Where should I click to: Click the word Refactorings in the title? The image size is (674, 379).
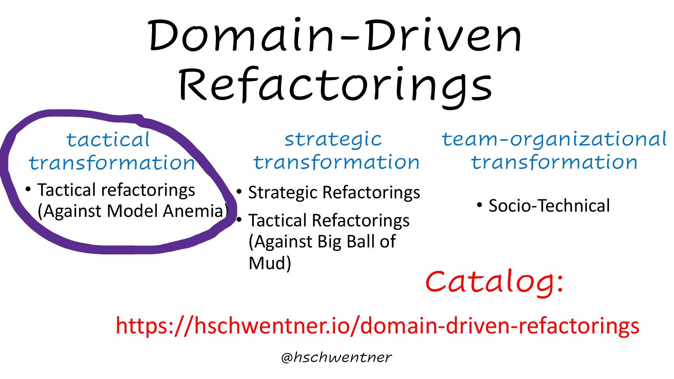coord(335,84)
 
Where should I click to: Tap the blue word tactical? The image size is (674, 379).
coord(108,140)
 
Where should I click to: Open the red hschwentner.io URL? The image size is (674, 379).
coord(377,326)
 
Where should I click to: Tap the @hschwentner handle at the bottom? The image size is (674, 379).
coord(336,357)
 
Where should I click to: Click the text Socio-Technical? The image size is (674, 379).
coord(549,206)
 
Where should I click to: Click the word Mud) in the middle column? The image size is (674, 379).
coord(270,263)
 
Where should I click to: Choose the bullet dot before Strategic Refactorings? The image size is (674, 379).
coord(239,192)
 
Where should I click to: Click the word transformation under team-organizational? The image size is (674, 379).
coord(554,162)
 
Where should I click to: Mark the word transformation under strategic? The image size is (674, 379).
coord(336,162)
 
